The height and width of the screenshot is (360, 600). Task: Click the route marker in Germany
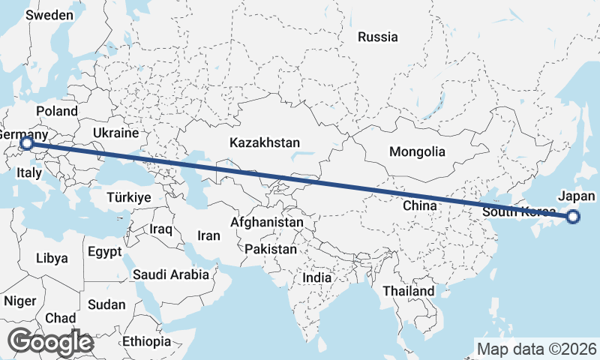tap(26, 142)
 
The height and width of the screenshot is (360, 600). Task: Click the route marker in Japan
tap(573, 217)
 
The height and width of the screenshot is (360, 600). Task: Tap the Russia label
tap(377, 37)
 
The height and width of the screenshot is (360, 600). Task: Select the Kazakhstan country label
tap(265, 142)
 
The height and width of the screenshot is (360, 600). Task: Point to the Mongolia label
tap(417, 151)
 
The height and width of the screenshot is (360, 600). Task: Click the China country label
tap(419, 205)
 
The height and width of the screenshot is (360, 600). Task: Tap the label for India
tap(316, 277)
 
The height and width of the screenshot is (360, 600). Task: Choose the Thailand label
tap(408, 291)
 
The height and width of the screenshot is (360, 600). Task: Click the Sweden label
tap(49, 15)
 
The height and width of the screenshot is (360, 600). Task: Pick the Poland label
tap(56, 111)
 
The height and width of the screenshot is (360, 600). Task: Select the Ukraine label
tap(115, 133)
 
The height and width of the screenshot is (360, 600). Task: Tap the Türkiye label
tap(129, 197)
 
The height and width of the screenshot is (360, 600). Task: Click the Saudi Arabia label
tap(171, 274)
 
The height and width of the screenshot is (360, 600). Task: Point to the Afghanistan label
tap(267, 223)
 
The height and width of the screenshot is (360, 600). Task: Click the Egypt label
tap(104, 250)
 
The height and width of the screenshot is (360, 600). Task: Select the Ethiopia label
tap(147, 341)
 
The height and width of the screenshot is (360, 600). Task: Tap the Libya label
tap(52, 258)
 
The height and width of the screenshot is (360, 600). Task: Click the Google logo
tap(50, 342)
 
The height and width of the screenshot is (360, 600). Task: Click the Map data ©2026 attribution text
tap(536, 349)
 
